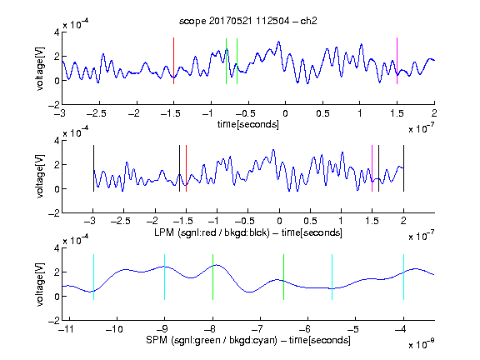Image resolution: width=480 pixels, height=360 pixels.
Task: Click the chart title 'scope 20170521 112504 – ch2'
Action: [x=248, y=21]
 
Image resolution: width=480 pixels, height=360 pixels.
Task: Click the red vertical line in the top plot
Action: [x=173, y=61]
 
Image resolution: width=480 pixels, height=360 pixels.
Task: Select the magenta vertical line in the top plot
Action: [x=397, y=61]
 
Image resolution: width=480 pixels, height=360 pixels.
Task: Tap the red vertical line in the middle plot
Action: [x=186, y=168]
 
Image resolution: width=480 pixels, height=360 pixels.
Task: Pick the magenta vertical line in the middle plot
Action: [x=372, y=168]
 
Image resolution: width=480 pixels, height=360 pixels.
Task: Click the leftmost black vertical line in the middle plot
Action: [x=93, y=168]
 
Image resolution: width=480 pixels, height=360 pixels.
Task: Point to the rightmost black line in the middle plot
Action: [x=403, y=168]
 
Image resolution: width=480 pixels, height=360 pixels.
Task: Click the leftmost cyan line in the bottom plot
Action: [x=93, y=277]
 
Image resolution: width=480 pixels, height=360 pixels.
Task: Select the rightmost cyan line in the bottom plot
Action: [x=403, y=277]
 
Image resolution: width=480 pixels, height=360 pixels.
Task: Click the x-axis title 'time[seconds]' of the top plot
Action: [x=248, y=124]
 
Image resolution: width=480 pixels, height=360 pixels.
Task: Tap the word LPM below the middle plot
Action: [x=164, y=232]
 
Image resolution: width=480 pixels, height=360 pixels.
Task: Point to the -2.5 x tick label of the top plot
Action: [x=97, y=113]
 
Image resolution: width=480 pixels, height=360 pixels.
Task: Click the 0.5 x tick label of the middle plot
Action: [x=310, y=221]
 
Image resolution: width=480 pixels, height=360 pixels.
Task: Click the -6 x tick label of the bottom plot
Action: [x=305, y=329]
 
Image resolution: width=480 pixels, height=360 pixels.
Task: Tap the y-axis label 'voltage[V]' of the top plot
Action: [x=40, y=69]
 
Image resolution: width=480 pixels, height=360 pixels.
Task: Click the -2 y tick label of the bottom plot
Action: [x=54, y=321]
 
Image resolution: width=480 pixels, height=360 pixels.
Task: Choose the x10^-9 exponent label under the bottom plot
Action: [x=422, y=344]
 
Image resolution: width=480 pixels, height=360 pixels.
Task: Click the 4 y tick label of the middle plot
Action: [x=57, y=141]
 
